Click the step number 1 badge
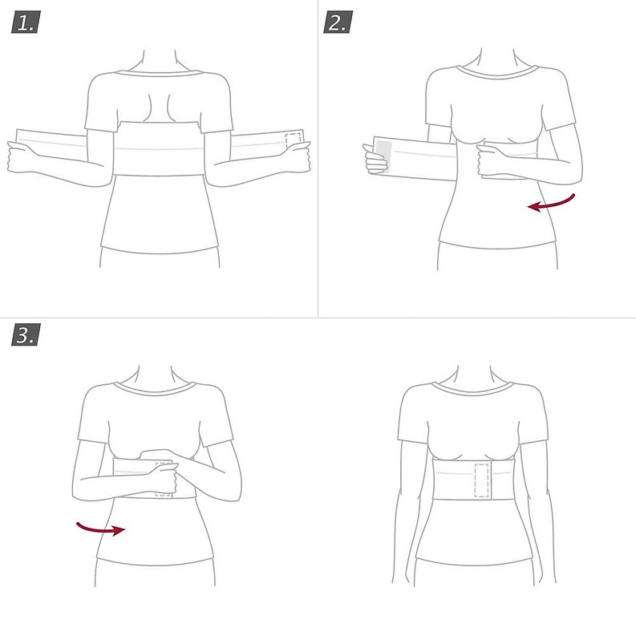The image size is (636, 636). pyautogui.click(x=26, y=22)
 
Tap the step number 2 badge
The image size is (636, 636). pyautogui.click(x=338, y=22)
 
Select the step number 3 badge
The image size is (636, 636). pyautogui.click(x=26, y=334)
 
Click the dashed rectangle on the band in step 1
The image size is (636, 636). pyautogui.click(x=294, y=140)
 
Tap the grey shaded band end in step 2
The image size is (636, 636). pyautogui.click(x=383, y=156)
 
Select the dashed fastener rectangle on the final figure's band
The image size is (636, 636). pyautogui.click(x=481, y=480)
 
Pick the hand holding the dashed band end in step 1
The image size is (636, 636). pyautogui.click(x=296, y=157)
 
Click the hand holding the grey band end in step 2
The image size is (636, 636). pyautogui.click(x=375, y=160)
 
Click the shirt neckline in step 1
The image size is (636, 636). pyautogui.click(x=159, y=74)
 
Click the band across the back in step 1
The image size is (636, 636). pyautogui.click(x=158, y=148)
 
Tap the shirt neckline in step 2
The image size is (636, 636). pyautogui.click(x=497, y=72)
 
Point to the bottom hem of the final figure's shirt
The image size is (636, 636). pyautogui.click(x=473, y=562)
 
